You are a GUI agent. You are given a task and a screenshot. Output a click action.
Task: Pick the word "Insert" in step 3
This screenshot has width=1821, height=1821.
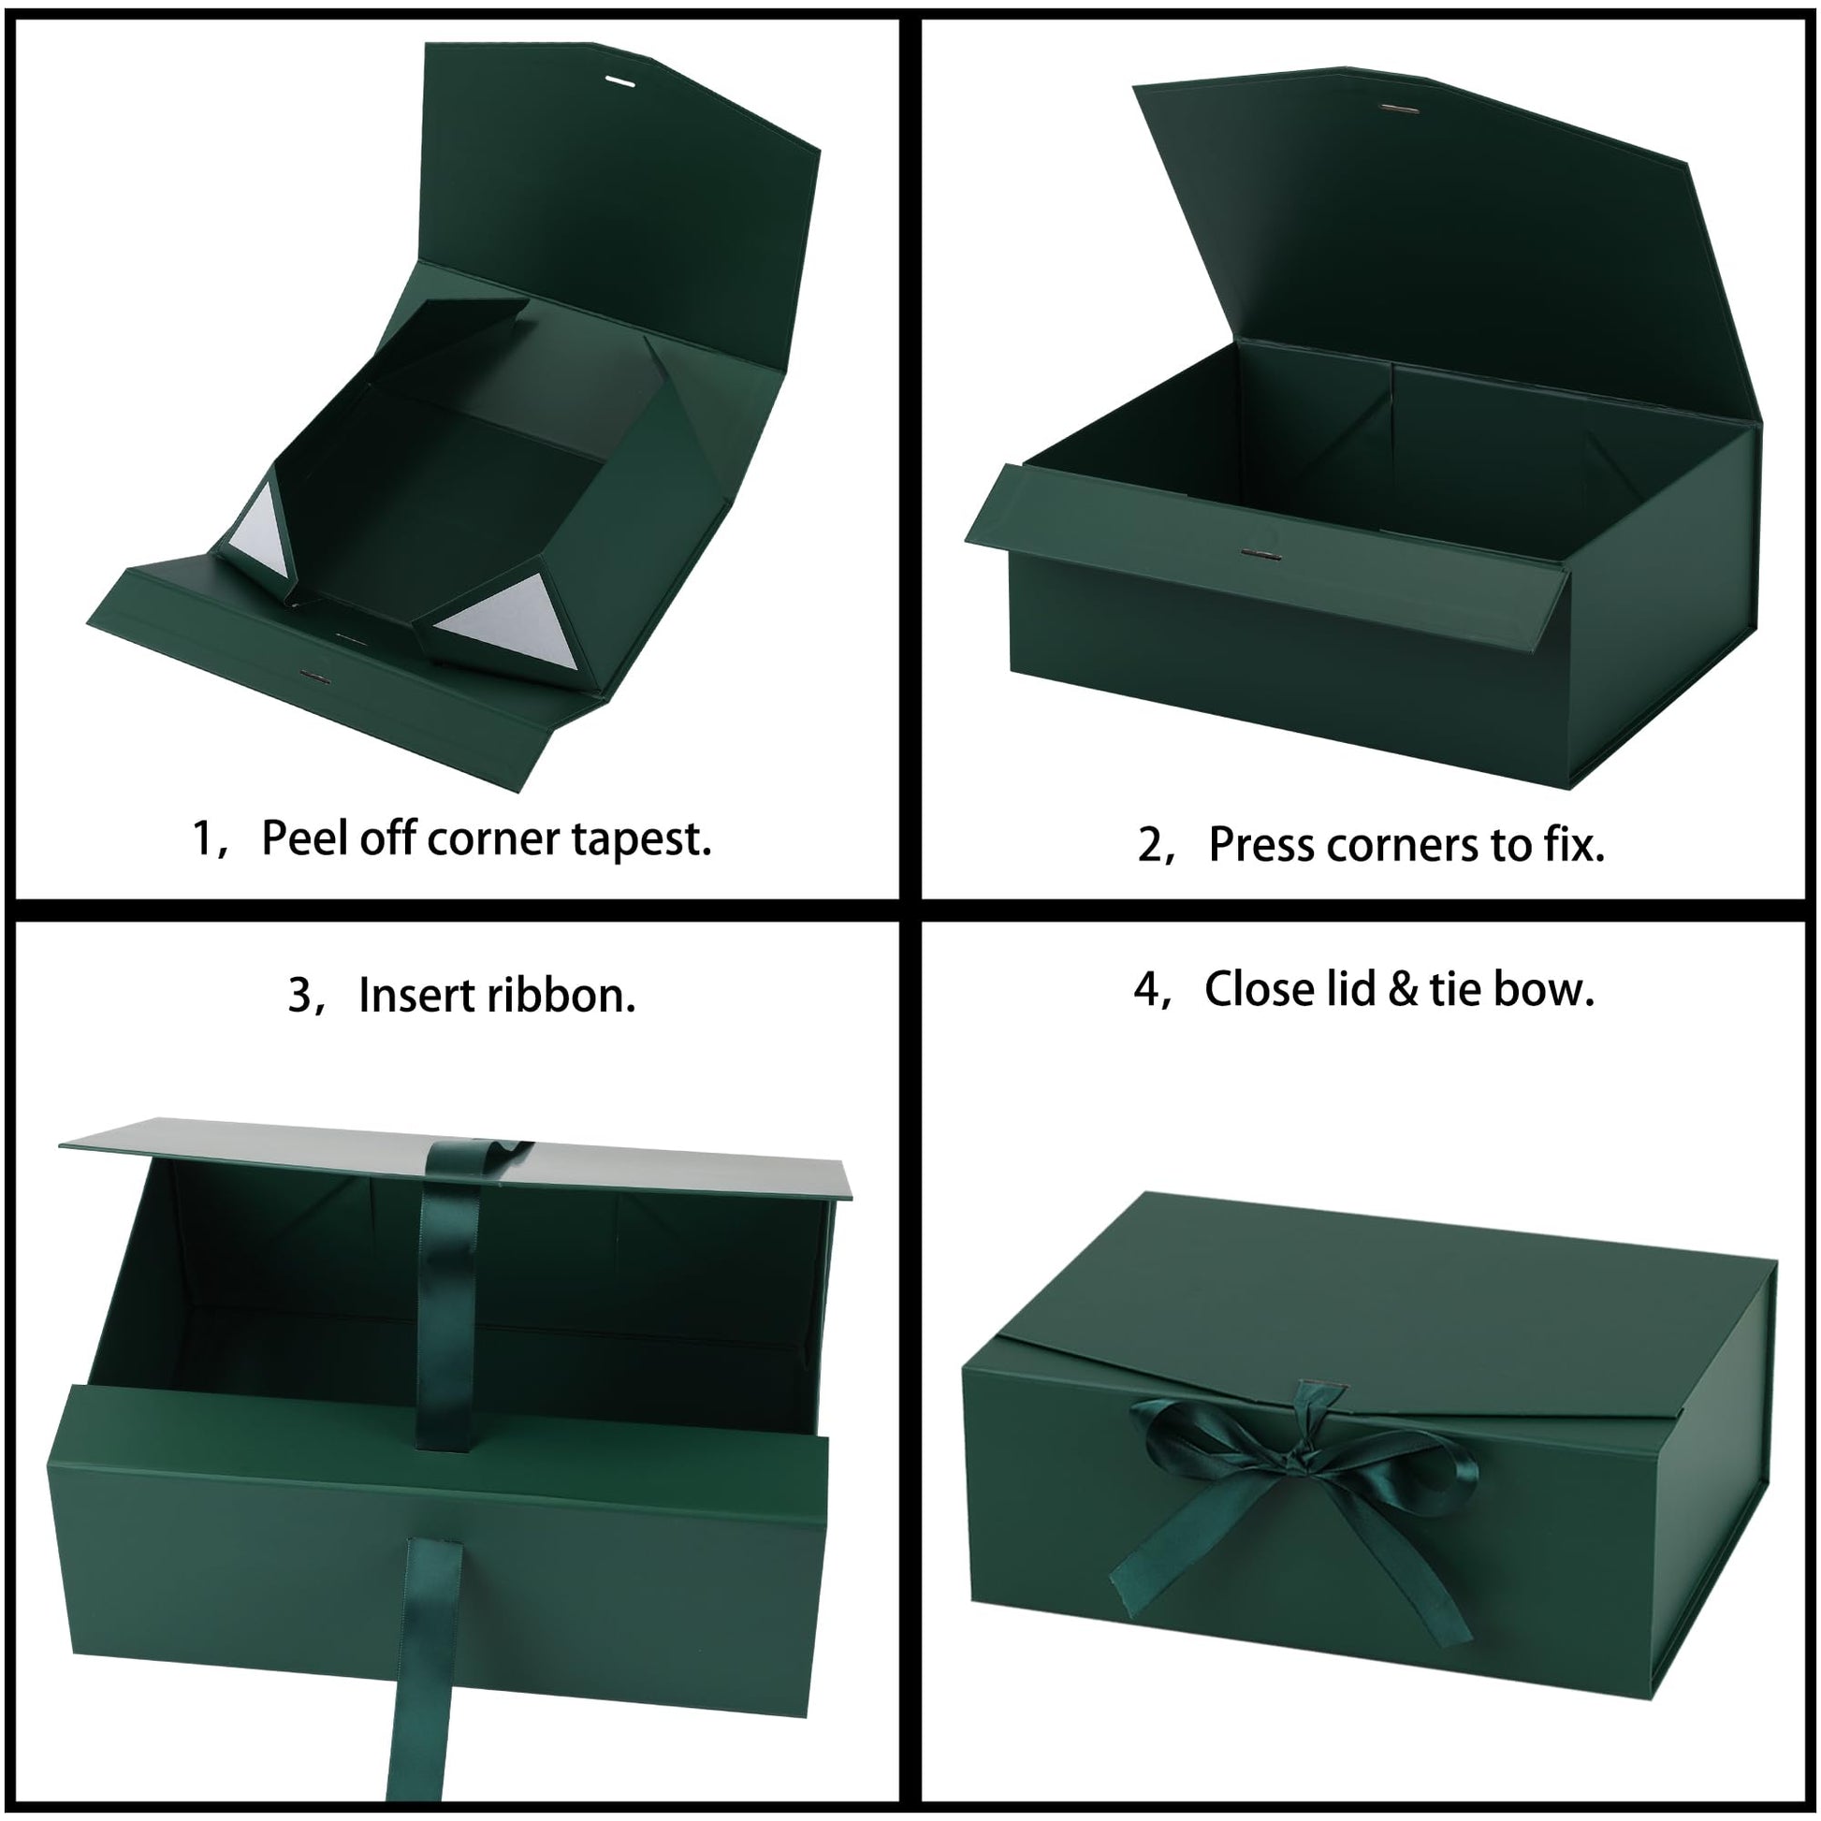(418, 996)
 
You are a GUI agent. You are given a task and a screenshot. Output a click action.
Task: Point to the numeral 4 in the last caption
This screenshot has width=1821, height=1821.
(1145, 990)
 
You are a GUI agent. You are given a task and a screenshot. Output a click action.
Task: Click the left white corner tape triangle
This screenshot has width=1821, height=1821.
(258, 536)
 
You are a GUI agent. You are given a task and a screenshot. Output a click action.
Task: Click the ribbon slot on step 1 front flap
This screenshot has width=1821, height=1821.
(310, 675)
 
